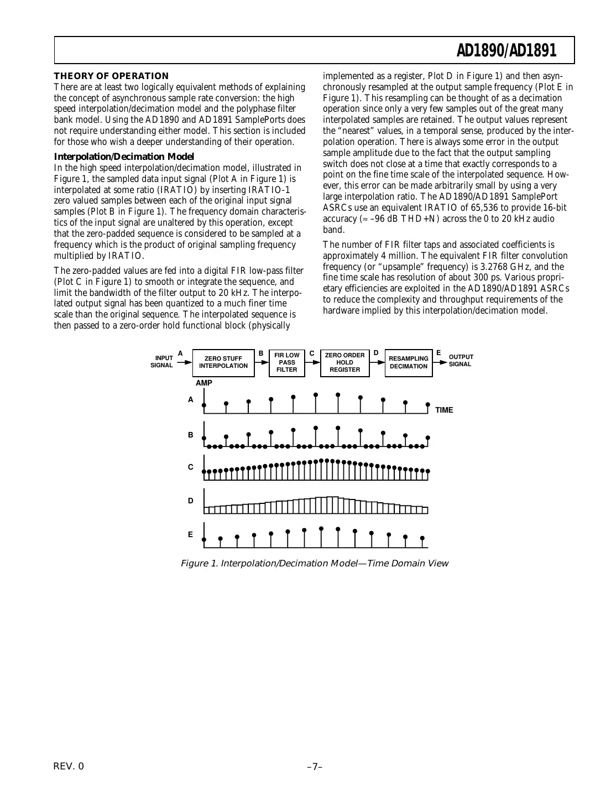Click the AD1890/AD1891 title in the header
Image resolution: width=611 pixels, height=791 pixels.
coord(506,51)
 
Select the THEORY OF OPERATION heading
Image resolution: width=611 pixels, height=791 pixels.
coord(111,76)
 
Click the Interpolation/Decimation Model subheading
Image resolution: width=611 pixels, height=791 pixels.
coord(124,157)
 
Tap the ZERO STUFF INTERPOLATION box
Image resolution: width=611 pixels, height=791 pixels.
coord(223,362)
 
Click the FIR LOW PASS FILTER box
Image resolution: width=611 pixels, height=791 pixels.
coord(286,362)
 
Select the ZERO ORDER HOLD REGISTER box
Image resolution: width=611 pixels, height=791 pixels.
coord(344,362)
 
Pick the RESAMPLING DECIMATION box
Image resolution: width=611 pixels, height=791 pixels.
coord(408,362)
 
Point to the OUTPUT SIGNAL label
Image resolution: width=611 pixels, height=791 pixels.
coord(461,361)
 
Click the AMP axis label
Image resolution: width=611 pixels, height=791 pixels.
coord(203,383)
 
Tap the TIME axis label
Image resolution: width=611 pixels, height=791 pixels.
coord(444,410)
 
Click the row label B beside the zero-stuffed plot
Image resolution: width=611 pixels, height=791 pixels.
coord(191,435)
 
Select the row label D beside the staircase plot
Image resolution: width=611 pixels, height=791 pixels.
coord(191,501)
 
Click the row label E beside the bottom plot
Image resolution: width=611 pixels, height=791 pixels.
coord(191,534)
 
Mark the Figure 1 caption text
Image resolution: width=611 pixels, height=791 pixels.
coord(314,564)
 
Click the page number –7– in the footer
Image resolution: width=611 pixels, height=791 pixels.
coord(315,766)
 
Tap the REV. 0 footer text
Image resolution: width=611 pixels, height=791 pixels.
coord(69,766)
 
